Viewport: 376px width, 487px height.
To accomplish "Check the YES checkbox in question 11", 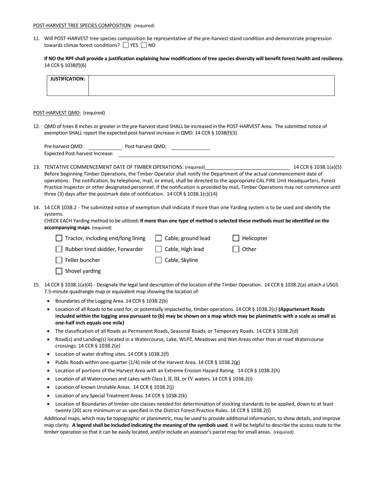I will pyautogui.click(x=126, y=45).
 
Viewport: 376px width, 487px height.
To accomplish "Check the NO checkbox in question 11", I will pyautogui.click(x=144, y=45).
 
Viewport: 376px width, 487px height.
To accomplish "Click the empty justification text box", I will pyautogui.click(x=211, y=85).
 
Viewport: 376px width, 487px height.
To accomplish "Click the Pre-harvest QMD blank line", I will pyautogui.click(x=105, y=147).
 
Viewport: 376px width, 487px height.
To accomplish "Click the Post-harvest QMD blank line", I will pyautogui.click(x=191, y=147).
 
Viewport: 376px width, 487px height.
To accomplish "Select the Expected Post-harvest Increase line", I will pyautogui.click(x=226, y=154).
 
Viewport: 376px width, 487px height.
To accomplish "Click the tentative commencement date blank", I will pyautogui.click(x=247, y=167).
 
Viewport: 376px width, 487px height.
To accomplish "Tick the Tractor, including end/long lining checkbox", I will pyautogui.click(x=59, y=238).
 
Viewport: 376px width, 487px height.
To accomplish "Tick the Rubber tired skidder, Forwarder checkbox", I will pyautogui.click(x=59, y=249).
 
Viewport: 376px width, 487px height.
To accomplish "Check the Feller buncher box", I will pyautogui.click(x=59, y=260).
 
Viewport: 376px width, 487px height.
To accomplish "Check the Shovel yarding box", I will pyautogui.click(x=59, y=271).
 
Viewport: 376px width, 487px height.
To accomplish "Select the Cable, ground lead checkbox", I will pyautogui.click(x=158, y=238).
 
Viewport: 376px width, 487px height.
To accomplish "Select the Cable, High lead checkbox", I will pyautogui.click(x=158, y=249).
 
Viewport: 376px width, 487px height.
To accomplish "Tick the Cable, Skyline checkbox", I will pyautogui.click(x=158, y=260).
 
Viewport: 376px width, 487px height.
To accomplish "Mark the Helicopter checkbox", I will pyautogui.click(x=236, y=238).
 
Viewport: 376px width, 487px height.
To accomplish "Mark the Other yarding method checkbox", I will pyautogui.click(x=236, y=249).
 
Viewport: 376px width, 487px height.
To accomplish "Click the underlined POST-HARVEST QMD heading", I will pyautogui.click(x=57, y=113).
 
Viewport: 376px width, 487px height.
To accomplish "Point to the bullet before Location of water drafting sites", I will pyautogui.click(x=48, y=354).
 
